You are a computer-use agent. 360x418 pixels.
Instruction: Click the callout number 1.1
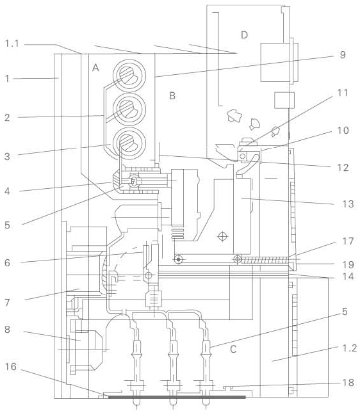pyautogui.click(x=12, y=43)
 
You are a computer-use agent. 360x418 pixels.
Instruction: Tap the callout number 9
pyautogui.click(x=343, y=54)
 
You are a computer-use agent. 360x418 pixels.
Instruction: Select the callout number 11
pyautogui.click(x=343, y=93)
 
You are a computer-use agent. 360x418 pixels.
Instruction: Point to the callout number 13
pyautogui.click(x=348, y=204)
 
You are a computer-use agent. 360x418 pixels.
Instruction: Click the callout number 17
pyautogui.click(x=348, y=241)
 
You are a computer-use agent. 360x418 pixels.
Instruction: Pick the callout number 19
pyautogui.click(x=348, y=265)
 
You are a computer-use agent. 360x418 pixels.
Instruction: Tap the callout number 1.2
pyautogui.click(x=350, y=348)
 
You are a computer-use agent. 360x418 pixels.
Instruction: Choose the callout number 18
pyautogui.click(x=348, y=383)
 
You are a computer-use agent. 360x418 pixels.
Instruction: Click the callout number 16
pyautogui.click(x=11, y=367)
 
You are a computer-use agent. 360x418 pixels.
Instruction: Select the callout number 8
pyautogui.click(x=8, y=330)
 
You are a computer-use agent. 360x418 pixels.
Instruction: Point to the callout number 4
pyautogui.click(x=7, y=191)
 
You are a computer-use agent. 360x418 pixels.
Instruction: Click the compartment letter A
pyautogui.click(x=95, y=68)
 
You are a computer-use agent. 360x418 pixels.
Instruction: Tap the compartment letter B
pyautogui.click(x=172, y=96)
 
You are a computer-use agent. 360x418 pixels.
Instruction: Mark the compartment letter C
pyautogui.click(x=233, y=349)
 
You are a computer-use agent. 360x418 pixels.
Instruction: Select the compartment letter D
pyautogui.click(x=244, y=35)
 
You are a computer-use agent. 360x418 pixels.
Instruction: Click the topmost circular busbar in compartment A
pyautogui.click(x=129, y=76)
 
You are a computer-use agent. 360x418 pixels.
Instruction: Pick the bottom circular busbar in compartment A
pyautogui.click(x=129, y=143)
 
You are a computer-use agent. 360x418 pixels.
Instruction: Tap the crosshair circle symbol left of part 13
pyautogui.click(x=222, y=236)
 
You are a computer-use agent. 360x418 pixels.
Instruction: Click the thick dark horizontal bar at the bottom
pyautogui.click(x=177, y=397)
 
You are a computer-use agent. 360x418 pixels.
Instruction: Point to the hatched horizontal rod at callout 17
pyautogui.click(x=265, y=259)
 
